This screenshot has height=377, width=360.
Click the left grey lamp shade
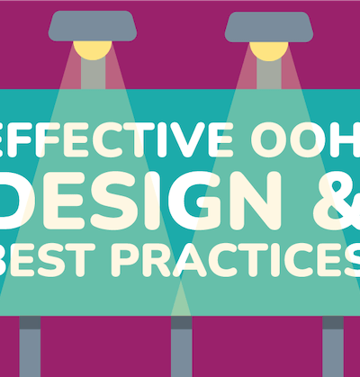(93, 26)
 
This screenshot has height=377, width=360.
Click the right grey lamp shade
(269, 27)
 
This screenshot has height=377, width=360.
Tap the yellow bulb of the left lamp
(93, 50)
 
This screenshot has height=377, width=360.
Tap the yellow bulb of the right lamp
(269, 51)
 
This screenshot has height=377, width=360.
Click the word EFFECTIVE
(116, 139)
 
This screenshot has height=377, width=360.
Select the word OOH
(305, 139)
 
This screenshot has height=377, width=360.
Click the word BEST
(48, 260)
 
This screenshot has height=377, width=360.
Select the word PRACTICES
(236, 260)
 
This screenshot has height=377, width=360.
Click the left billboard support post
(30, 346)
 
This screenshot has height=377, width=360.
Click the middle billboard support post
(182, 346)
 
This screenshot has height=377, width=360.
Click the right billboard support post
(333, 346)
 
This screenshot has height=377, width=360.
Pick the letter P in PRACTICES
(125, 260)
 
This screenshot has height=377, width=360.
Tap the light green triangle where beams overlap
(181, 300)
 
